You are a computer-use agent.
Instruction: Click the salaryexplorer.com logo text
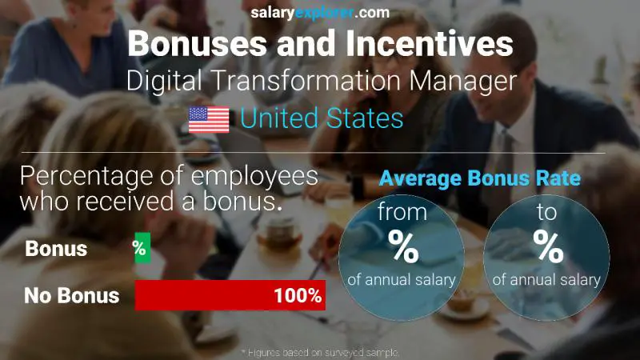(x=319, y=12)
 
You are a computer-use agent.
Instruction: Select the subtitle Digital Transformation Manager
(x=320, y=81)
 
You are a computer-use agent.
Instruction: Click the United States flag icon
(x=209, y=119)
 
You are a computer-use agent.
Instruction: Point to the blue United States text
(x=322, y=119)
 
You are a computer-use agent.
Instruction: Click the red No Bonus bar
(x=230, y=295)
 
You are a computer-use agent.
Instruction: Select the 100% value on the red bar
(x=297, y=295)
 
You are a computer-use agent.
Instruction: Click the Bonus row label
(x=56, y=249)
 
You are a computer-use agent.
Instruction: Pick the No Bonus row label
(x=71, y=295)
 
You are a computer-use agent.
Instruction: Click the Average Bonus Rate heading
(x=480, y=178)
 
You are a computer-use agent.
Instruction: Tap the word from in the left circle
(x=402, y=213)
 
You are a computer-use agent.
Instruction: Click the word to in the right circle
(x=548, y=213)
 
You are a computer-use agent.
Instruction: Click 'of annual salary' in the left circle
(x=402, y=280)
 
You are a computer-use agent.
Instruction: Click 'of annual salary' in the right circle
(x=547, y=280)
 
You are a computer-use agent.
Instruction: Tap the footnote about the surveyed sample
(x=320, y=352)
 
